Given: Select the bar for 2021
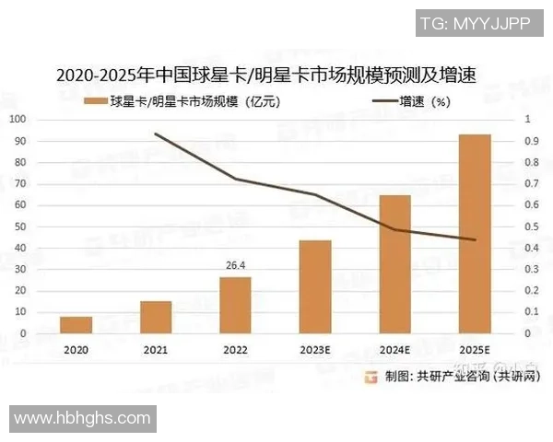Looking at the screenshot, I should [x=156, y=317].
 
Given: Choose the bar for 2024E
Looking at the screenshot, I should [x=394, y=264].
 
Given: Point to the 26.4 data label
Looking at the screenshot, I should [x=235, y=266].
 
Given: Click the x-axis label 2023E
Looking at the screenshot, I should [x=315, y=350].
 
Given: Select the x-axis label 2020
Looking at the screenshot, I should [x=76, y=350].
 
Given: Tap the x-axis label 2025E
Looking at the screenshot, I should [x=475, y=350].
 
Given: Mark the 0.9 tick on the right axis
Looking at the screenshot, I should [x=531, y=141].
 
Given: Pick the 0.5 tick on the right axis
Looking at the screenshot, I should [x=531, y=227].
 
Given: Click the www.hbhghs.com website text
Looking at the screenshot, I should [x=82, y=419].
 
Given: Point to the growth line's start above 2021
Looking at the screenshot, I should [x=156, y=134].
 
